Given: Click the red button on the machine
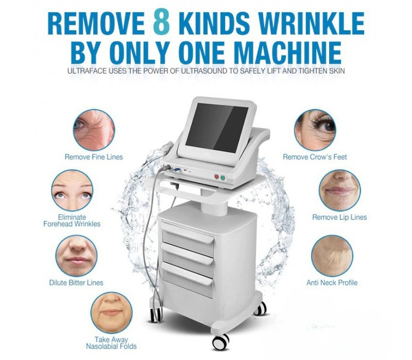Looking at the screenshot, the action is coord(216,177).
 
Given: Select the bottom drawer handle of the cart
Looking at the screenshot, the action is coord(187,274).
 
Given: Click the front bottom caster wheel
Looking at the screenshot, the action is coord(220,342).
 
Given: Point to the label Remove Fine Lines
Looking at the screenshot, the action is coord(94,157).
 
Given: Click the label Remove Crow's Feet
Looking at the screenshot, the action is coord(315,157).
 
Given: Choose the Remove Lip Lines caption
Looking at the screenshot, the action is coord(339,217).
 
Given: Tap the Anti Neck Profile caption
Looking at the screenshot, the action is coord(332,283).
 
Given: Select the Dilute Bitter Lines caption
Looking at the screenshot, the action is coord(76,283).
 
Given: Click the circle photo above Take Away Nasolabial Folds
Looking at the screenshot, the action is coord(112,313).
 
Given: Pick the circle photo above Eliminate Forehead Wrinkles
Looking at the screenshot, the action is coord(72,190).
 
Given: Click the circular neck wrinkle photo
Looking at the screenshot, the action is coord(332,256).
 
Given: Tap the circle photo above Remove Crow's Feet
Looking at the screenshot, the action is coord(315,130).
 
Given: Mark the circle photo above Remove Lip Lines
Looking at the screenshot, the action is coord(339,190).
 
